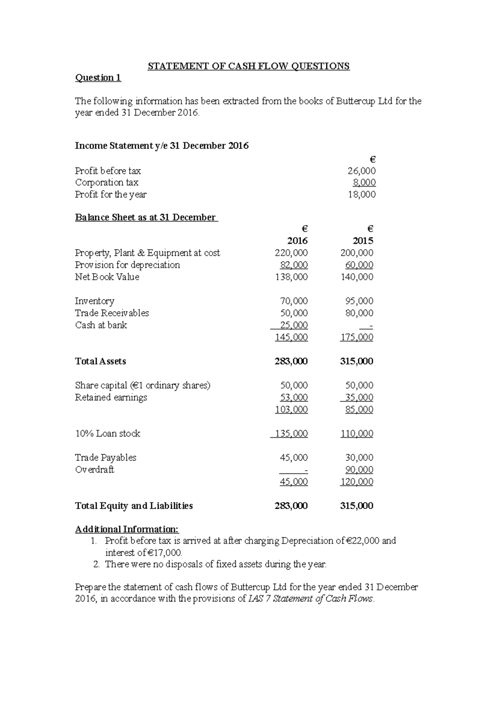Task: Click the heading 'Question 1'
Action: pos(98,78)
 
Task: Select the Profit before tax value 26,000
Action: pos(362,171)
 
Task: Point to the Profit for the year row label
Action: pos(111,194)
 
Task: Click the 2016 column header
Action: pos(297,241)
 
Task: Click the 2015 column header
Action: pos(363,241)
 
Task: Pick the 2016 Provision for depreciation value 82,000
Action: pos(294,265)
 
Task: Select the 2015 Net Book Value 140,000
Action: pos(357,277)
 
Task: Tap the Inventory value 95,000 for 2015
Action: pos(359,301)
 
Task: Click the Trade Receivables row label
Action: pos(112,313)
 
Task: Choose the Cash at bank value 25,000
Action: pos(294,325)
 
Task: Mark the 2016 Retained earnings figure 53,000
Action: pos(294,398)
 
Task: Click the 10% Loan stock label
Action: pos(108,434)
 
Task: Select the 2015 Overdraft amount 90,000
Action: pos(359,470)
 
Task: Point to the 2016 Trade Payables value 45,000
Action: pos(294,458)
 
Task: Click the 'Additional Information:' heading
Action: pos(127,529)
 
